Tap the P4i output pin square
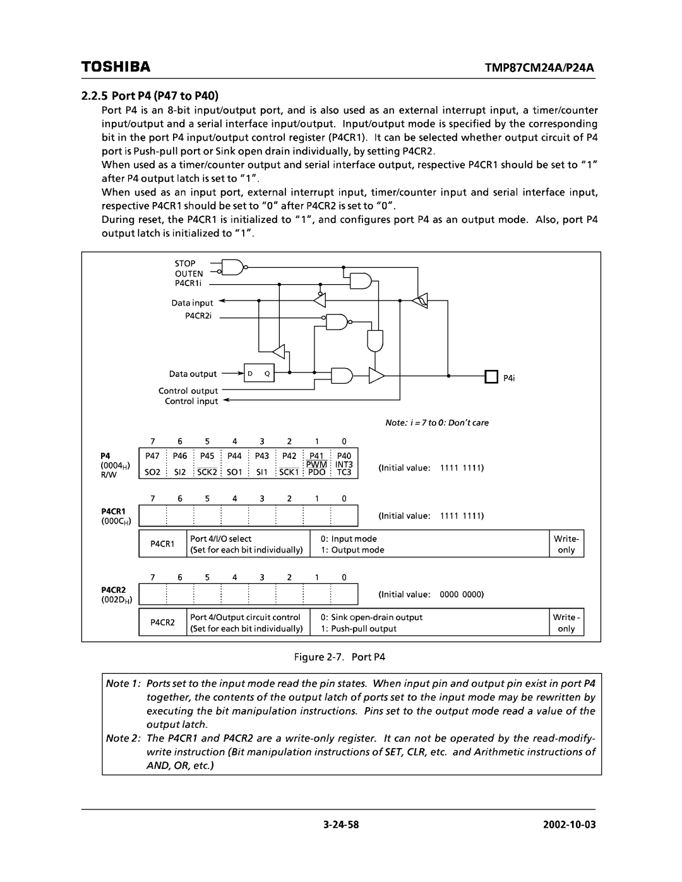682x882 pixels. pos(490,377)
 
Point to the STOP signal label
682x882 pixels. pos(185,263)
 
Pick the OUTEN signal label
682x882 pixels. pos(189,274)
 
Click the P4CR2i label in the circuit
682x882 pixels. pos(197,316)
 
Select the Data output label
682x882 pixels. pos(193,374)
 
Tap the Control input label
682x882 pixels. pos(191,402)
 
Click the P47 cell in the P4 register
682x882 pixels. pos(152,456)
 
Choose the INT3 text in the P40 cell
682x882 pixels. pos(344,464)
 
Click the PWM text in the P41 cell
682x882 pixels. pos(317,464)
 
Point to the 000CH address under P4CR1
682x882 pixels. pos(116,520)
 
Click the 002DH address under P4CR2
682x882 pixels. pos(116,599)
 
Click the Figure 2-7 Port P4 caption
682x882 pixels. pos(340,657)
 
